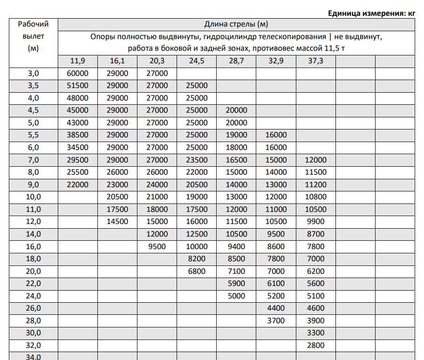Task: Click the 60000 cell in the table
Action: coord(78,74)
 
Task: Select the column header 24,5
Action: coord(197,61)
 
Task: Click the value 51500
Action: coord(78,86)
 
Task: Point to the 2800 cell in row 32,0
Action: coord(315,345)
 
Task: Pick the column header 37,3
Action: coord(315,61)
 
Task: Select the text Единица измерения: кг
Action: coord(371,13)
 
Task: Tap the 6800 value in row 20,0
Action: coord(197,271)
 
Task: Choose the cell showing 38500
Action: coord(78,135)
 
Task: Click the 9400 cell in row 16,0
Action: coord(236,246)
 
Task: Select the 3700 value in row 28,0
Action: coord(276,320)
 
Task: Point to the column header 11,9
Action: coord(78,61)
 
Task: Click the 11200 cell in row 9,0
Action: coord(315,184)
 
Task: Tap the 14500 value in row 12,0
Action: coord(117,222)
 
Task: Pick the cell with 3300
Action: coord(315,333)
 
